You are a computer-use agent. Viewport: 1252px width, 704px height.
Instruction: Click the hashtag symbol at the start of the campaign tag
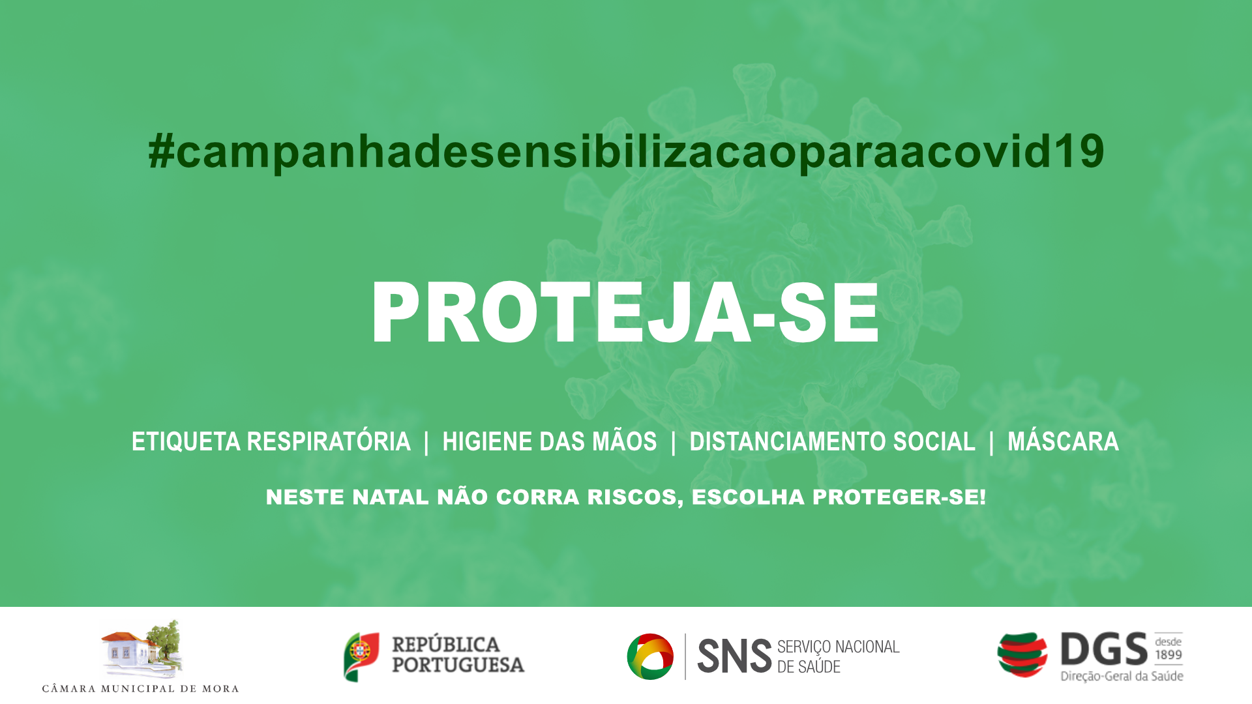pos(161,151)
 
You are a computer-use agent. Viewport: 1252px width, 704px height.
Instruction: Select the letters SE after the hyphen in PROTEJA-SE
pos(829,313)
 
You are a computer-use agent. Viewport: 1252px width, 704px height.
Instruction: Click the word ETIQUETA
pos(186,442)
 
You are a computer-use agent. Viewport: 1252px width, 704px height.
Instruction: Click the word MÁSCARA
pos(1063,441)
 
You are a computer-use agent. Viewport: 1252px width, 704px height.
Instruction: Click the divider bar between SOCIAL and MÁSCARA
pos(991,443)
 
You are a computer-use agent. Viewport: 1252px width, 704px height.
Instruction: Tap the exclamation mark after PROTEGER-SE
pos(982,497)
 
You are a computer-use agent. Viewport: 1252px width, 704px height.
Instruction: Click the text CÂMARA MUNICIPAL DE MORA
pos(140,688)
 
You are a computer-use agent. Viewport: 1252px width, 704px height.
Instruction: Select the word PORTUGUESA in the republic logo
pos(458,665)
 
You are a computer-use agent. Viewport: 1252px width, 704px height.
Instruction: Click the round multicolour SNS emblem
pos(650,656)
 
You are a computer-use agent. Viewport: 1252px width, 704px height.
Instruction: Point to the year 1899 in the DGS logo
pos(1169,655)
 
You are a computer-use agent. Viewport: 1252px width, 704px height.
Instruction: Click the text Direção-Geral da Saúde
pos(1122,676)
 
